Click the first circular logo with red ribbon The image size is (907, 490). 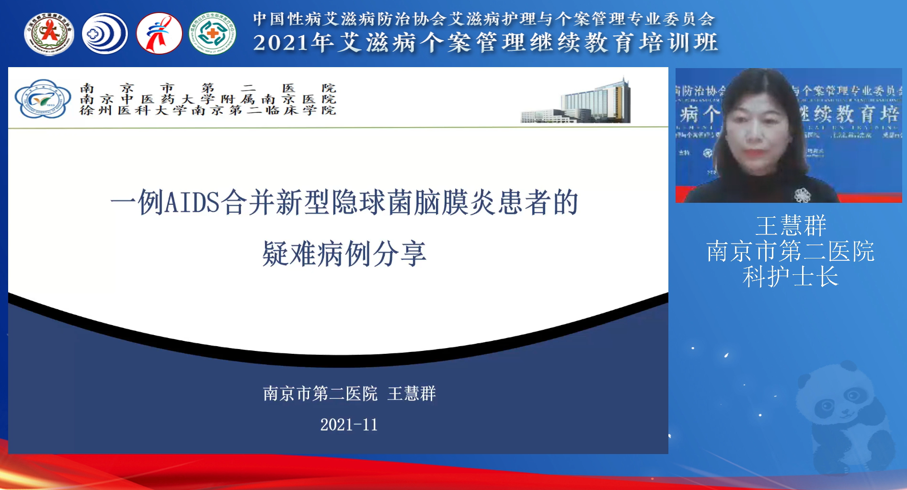[49, 34]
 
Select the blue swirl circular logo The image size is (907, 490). [104, 34]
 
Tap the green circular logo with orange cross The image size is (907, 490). [212, 34]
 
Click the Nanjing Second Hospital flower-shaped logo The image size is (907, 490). [43, 99]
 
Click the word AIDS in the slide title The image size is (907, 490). [192, 202]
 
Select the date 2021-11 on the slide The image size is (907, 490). [349, 425]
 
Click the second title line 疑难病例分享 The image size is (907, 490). [344, 254]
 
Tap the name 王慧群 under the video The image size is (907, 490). [791, 226]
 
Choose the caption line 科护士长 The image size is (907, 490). [791, 277]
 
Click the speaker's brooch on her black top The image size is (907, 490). [803, 195]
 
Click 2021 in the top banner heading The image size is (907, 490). [281, 43]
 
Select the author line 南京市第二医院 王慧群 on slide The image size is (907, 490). [349, 394]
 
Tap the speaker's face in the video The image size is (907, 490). [756, 129]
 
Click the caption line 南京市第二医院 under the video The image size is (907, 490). [791, 252]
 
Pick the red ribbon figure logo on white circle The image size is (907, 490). [159, 34]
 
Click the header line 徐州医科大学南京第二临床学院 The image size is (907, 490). [208, 111]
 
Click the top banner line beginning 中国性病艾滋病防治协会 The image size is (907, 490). [484, 19]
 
